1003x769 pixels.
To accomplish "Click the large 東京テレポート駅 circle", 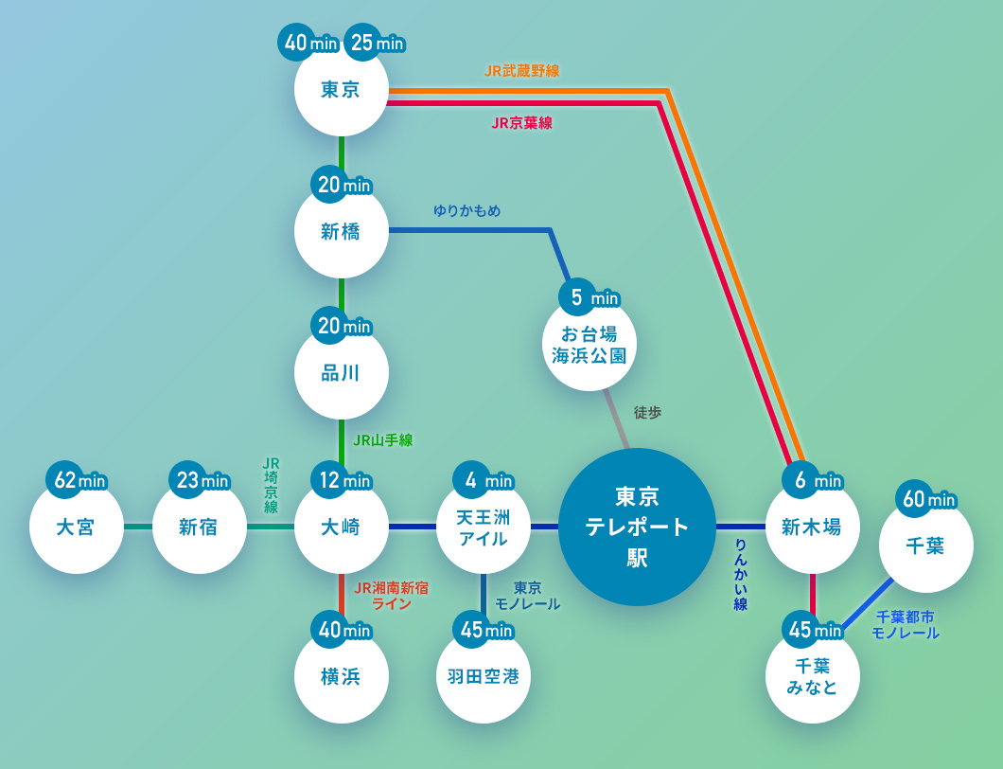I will point(637,527).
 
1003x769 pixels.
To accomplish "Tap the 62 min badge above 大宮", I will point(79,480).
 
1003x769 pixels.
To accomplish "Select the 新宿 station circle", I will point(199,527).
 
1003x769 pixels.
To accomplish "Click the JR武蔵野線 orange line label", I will point(521,71).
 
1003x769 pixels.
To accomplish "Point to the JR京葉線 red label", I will point(521,123).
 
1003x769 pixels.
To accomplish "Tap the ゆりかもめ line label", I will point(466,210).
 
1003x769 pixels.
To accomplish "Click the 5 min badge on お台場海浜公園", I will point(589,298).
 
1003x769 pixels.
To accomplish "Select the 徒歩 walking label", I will point(647,412).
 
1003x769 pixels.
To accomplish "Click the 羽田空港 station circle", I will point(483,676).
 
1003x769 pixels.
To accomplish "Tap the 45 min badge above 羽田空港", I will point(483,629).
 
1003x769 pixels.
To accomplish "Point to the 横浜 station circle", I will point(341,676).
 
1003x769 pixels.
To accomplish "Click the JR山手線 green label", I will point(382,439).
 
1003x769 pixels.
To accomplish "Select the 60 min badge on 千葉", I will point(926,499).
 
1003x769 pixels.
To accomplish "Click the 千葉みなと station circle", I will point(812,676).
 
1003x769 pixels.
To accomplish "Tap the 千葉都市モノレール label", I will point(905,625).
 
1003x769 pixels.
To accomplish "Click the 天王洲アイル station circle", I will point(483,528).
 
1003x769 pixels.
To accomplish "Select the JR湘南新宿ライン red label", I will point(391,595).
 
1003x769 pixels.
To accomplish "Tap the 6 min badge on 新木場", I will point(812,480).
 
